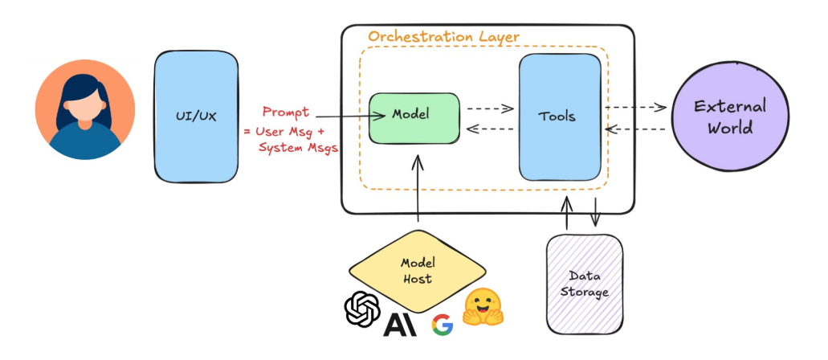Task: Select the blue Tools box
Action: coord(559,117)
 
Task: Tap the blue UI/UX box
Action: coord(196,117)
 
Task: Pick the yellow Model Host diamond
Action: coord(418,271)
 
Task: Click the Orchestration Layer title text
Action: coord(443,37)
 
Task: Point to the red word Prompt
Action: coord(286,112)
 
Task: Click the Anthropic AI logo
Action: coord(399,323)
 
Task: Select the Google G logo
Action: coord(442,324)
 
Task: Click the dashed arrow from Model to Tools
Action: coord(489,108)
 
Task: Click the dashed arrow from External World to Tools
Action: coord(635,129)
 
